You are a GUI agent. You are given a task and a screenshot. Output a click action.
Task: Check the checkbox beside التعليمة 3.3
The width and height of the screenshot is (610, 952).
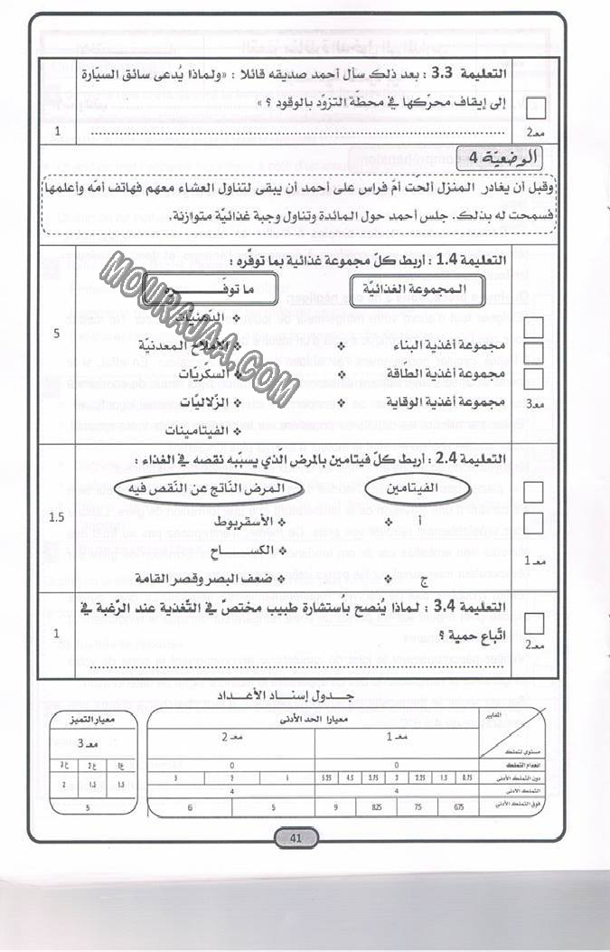coord(535,107)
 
